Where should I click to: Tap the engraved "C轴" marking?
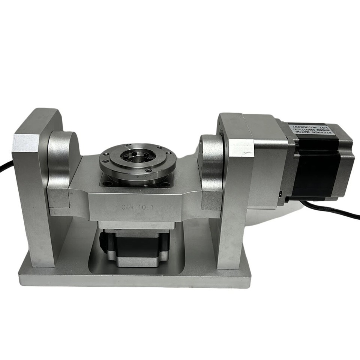coord(126,206)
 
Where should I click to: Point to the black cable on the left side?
coord(5,167)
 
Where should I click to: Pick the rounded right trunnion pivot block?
coord(212,169)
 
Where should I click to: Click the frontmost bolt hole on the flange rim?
coord(149,170)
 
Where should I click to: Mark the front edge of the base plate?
coord(135,281)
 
